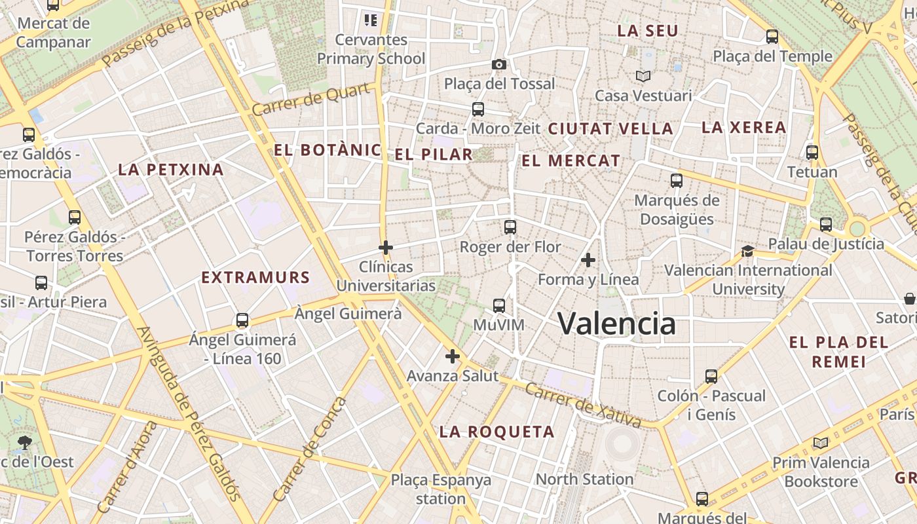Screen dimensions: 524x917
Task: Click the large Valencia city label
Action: point(616,324)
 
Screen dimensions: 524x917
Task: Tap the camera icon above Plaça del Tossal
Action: point(499,64)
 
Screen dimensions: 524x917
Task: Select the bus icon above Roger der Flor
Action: point(510,227)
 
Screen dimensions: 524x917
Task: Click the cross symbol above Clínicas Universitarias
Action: point(386,248)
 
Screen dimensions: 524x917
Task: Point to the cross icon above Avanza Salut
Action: point(453,357)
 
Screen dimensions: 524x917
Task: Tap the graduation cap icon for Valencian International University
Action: point(747,251)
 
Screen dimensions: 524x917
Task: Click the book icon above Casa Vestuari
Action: point(643,77)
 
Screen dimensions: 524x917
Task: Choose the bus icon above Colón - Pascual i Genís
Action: point(711,377)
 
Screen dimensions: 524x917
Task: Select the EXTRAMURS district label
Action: point(255,277)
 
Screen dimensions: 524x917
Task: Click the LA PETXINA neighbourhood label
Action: point(171,170)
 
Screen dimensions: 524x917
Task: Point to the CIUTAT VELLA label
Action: point(610,129)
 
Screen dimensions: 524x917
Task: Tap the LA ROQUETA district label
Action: point(496,432)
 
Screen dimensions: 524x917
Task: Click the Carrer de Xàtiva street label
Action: point(576,399)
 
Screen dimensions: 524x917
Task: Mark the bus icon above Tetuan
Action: point(812,153)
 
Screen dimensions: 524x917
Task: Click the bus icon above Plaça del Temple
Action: point(772,37)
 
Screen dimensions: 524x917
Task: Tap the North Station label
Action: point(585,479)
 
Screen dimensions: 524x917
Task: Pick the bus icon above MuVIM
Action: point(499,305)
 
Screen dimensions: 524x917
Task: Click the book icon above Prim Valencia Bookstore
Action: point(821,443)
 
